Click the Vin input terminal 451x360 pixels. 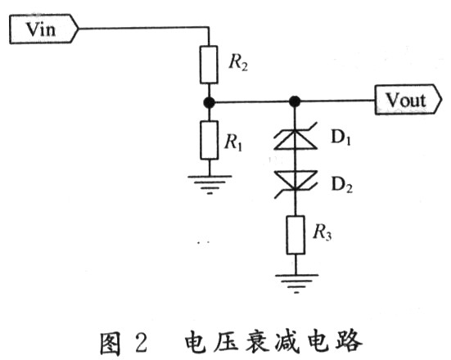[x=43, y=29]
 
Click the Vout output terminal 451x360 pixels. [x=408, y=100]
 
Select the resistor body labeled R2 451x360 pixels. [x=209, y=65]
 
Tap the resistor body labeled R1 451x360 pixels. [x=209, y=141]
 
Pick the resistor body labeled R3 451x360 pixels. [x=295, y=235]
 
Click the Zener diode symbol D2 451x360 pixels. [x=295, y=184]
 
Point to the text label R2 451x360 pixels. [x=238, y=62]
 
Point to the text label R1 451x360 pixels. [x=233, y=142]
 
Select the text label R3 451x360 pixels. [x=322, y=232]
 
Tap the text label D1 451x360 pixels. [x=341, y=137]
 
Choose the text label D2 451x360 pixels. [x=341, y=184]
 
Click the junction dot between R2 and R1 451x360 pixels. [x=209, y=102]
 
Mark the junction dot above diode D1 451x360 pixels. [x=295, y=101]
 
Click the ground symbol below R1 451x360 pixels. [x=210, y=184]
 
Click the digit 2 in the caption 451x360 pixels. [x=142, y=342]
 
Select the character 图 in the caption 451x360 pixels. [x=110, y=342]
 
